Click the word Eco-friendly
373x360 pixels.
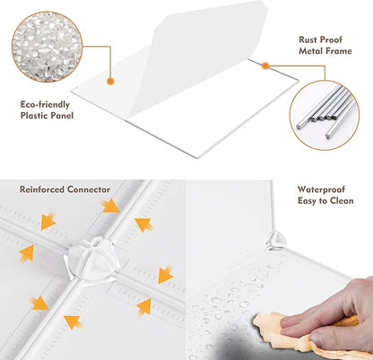click(x=45, y=105)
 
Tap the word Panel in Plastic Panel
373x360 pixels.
click(x=62, y=116)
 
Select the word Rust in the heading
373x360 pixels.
click(x=308, y=40)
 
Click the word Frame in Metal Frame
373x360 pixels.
click(x=338, y=51)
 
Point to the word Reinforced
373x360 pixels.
click(x=42, y=189)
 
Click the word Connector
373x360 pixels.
click(x=89, y=189)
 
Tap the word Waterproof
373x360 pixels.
click(x=321, y=189)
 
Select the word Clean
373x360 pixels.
click(x=342, y=201)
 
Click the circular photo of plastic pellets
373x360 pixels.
click(x=47, y=47)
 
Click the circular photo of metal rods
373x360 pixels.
click(x=325, y=115)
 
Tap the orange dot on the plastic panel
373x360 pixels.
click(x=110, y=81)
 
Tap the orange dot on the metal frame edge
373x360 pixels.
click(x=265, y=66)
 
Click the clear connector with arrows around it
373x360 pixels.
click(x=92, y=259)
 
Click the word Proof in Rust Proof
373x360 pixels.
click(x=331, y=40)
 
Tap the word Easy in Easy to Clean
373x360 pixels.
click(x=307, y=201)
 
